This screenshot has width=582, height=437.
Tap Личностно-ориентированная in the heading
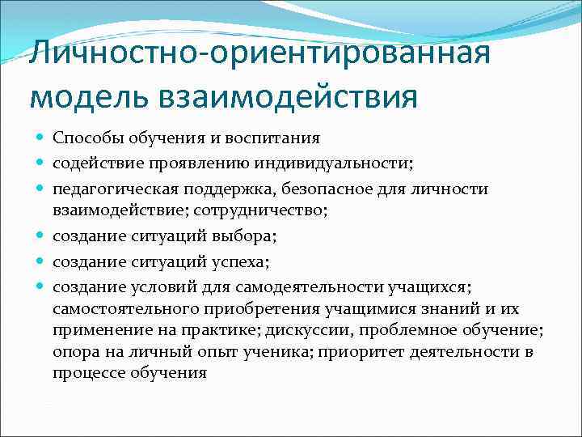pyautogui.click(x=259, y=54)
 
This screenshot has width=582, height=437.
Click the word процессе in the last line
pyautogui.click(x=88, y=373)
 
